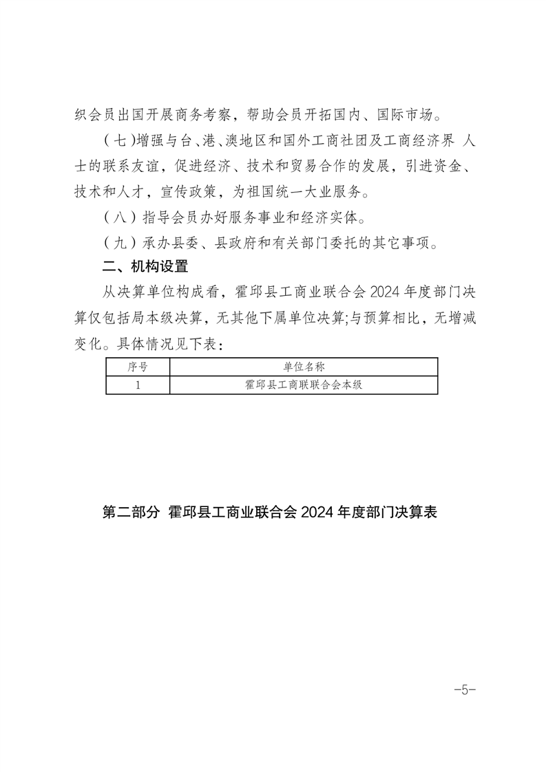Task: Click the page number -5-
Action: [465, 689]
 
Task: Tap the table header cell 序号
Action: [138, 367]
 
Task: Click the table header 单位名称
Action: [304, 367]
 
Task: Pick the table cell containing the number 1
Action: [138, 385]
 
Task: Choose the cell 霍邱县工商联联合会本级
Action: [304, 385]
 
